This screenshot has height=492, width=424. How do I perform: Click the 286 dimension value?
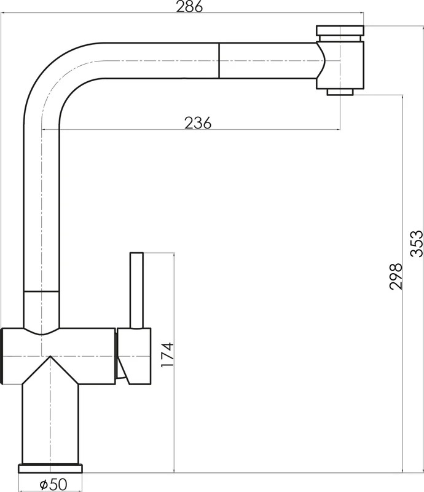189,6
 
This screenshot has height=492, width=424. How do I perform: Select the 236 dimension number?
198,122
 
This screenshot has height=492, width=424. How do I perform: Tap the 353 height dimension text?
417,244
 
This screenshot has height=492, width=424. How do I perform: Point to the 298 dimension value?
396,276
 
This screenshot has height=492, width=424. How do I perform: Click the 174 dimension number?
167,355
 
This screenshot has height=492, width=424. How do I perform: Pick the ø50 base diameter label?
53,484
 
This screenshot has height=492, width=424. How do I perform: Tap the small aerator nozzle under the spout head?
340,92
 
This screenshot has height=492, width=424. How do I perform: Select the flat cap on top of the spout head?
340,30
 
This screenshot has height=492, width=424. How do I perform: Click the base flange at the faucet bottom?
50,469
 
